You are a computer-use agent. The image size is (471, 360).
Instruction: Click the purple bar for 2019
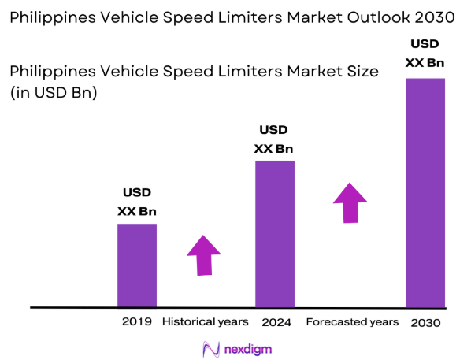pyautogui.click(x=137, y=265)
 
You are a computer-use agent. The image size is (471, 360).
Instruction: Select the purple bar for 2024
pyautogui.click(x=275, y=233)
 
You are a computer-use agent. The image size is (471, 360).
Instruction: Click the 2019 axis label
pyautogui.click(x=136, y=321)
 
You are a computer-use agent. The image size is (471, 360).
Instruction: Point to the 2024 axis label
pyautogui.click(x=275, y=321)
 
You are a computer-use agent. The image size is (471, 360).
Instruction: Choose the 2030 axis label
pyautogui.click(x=425, y=322)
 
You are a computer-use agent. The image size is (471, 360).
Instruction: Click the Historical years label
pyautogui.click(x=205, y=321)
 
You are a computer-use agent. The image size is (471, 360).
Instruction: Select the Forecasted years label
pyautogui.click(x=352, y=321)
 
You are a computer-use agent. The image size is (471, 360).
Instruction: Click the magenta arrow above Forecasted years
pyautogui.click(x=350, y=202)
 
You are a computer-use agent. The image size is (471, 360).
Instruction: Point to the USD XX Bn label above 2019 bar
pyautogui.click(x=137, y=202)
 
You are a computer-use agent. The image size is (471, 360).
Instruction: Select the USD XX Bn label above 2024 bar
pyautogui.click(x=274, y=139)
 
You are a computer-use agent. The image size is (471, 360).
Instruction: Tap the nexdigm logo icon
pyautogui.click(x=210, y=348)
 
